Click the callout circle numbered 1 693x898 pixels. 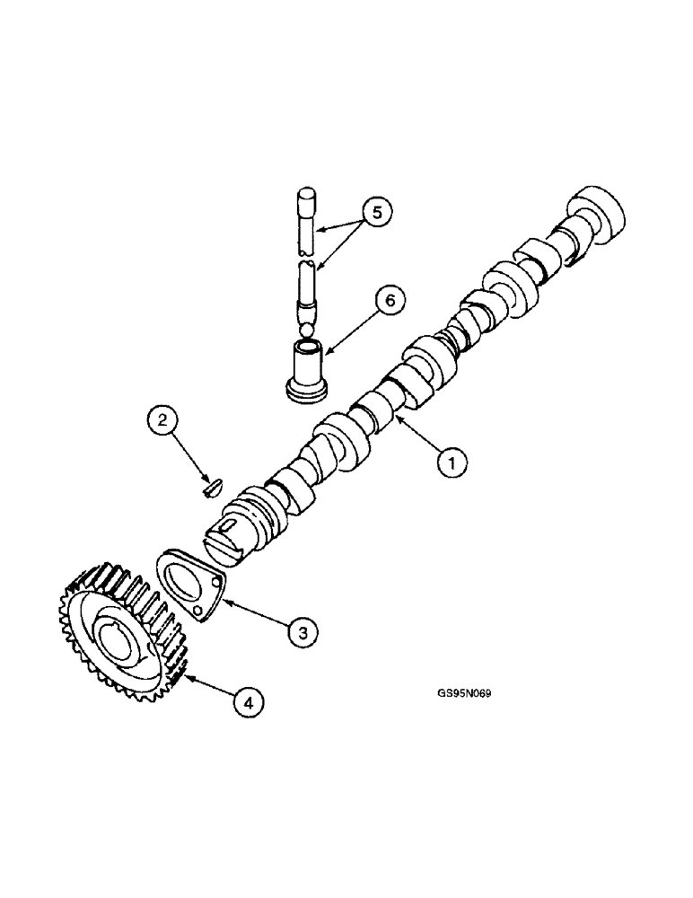click(453, 463)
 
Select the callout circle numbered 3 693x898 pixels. click(303, 633)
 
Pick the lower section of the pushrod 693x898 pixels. click(308, 292)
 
